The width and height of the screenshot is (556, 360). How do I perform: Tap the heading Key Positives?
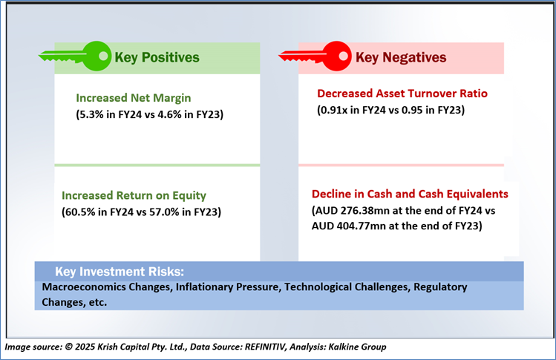click(x=157, y=57)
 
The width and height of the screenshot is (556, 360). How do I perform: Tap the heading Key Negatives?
click(x=401, y=57)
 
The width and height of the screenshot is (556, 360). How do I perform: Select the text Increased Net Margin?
click(x=134, y=98)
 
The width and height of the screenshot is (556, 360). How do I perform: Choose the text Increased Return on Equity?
click(x=134, y=195)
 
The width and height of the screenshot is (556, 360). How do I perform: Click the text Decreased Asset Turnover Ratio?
click(x=402, y=94)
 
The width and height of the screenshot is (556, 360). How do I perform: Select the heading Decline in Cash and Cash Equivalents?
click(x=410, y=194)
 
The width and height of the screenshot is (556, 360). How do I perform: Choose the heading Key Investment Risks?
click(x=120, y=272)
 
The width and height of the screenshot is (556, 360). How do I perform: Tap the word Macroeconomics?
click(x=84, y=287)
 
